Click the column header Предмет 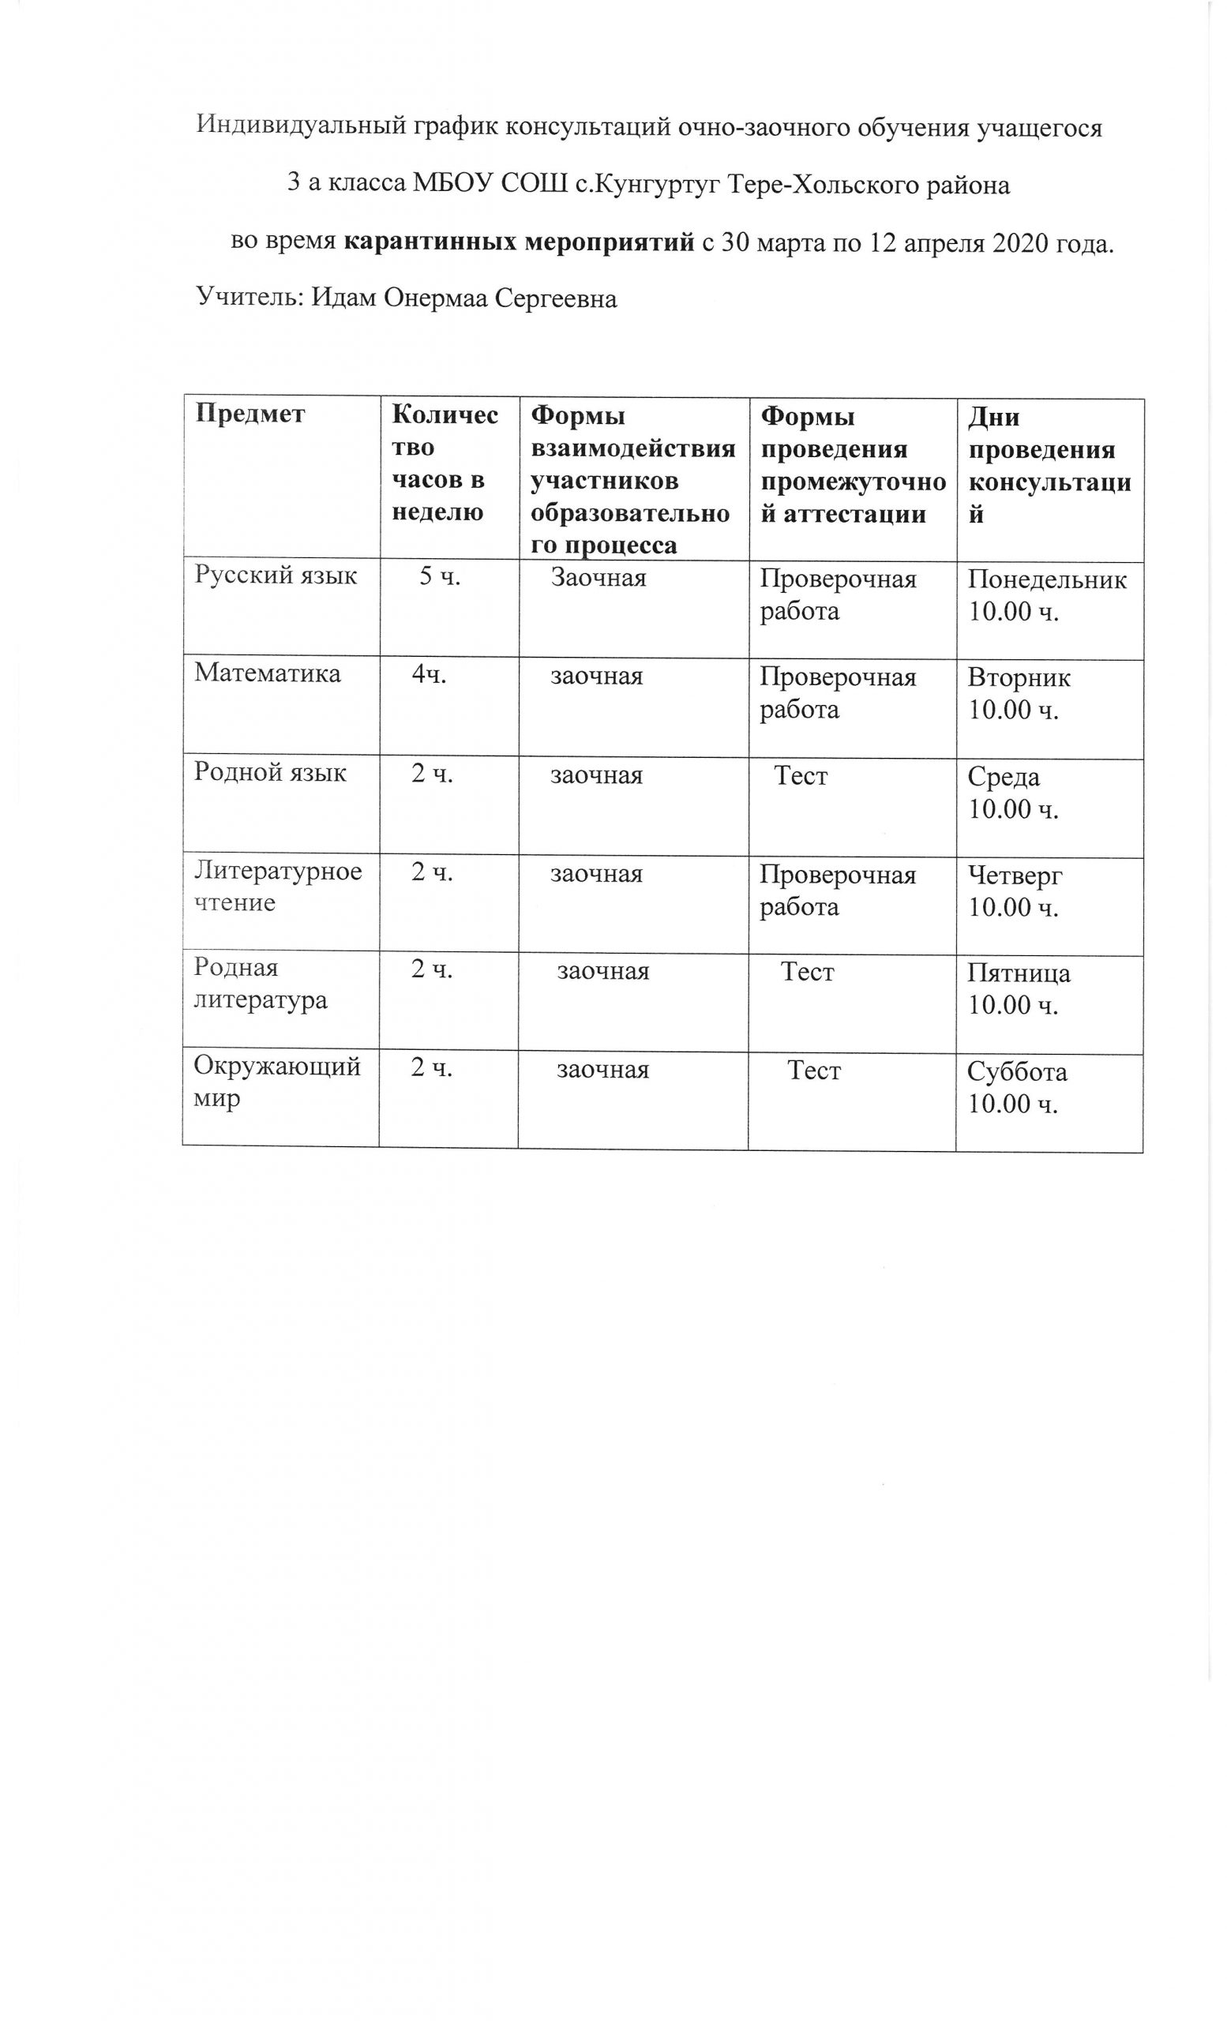click(250, 414)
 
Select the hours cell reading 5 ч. click(440, 576)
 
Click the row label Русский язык click(276, 575)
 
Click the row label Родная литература click(260, 984)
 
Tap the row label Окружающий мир click(276, 1082)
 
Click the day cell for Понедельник click(1048, 595)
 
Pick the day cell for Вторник click(1019, 694)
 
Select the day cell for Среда click(1014, 793)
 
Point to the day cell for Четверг click(1015, 891)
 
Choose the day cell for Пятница click(1019, 989)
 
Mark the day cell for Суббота click(1017, 1088)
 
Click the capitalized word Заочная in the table click(598, 578)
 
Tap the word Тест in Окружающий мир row click(813, 1070)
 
